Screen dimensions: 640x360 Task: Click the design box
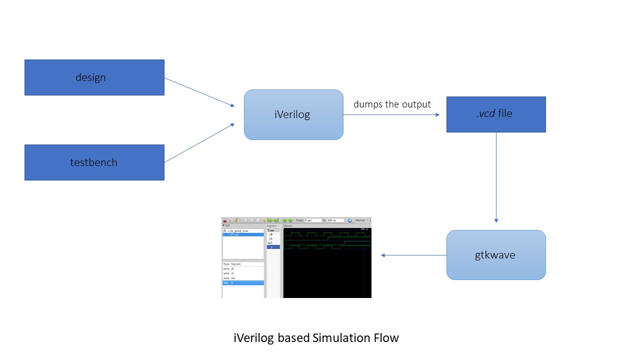point(94,77)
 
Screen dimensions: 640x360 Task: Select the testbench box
point(94,162)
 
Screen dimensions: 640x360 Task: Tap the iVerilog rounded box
point(293,114)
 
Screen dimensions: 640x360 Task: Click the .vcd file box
point(495,114)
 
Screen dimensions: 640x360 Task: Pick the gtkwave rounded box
point(495,255)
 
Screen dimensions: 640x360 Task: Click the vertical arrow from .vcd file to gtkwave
point(496,177)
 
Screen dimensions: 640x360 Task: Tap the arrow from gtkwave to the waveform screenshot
point(414,255)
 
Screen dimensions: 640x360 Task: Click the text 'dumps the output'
point(392,104)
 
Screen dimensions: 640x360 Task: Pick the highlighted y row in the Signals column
point(273,247)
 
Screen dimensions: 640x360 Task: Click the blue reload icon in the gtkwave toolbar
point(350,220)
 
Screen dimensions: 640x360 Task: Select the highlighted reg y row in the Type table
point(243,283)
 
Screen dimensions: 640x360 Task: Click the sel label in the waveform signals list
point(270,242)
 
